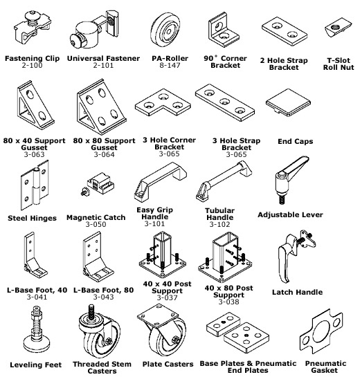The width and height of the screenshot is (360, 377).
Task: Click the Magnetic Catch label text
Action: (96, 217)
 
